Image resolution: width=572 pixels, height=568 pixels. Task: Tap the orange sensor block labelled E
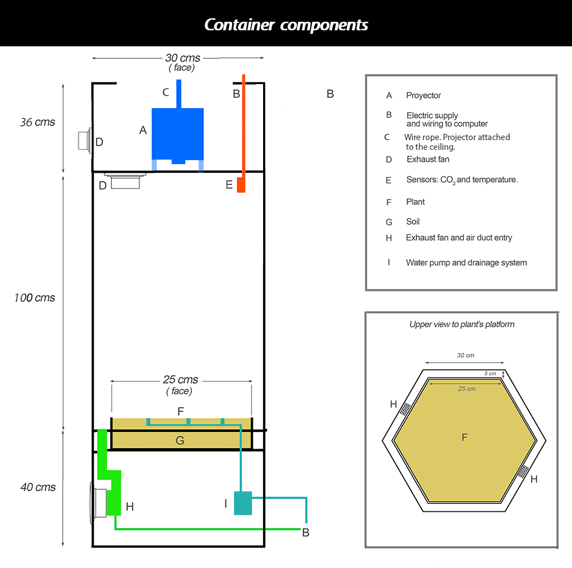(241, 185)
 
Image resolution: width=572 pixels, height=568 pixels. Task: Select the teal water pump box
(243, 503)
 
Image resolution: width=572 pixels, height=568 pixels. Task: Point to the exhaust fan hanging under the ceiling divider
(125, 182)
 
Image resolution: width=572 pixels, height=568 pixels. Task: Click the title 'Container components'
(286, 25)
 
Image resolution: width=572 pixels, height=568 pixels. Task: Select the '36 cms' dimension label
(38, 122)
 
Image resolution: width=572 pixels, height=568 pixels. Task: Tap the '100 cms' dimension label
(35, 298)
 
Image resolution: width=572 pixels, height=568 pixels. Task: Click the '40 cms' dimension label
(38, 487)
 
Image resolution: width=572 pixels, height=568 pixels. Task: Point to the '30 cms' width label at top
(182, 58)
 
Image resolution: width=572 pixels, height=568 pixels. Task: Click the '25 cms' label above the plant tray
(180, 380)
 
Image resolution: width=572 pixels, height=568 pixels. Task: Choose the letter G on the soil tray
(180, 440)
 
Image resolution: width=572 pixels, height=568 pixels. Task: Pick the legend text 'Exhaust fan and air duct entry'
(459, 237)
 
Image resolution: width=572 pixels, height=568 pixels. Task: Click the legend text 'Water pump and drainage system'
(466, 263)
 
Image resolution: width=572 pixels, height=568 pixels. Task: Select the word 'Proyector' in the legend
(423, 96)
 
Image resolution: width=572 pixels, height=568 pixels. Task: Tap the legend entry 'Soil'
(413, 221)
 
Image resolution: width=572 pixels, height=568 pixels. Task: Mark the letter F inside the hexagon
(464, 438)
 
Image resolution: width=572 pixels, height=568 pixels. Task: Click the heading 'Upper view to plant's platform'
(462, 324)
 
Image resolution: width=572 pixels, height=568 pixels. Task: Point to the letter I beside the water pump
(226, 503)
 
